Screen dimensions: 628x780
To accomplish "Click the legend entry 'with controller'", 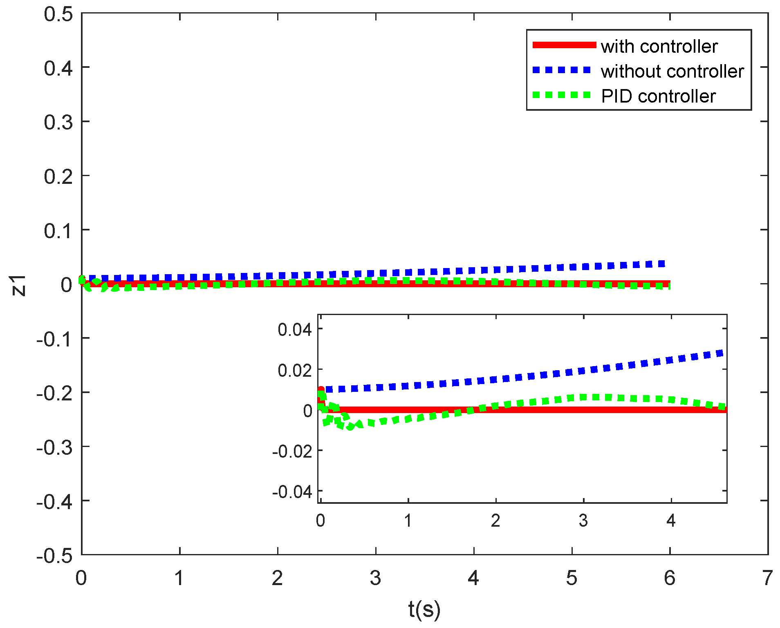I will [659, 47].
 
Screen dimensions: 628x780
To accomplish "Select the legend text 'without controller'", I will [672, 72].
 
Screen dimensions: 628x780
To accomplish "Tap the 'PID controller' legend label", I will [658, 96].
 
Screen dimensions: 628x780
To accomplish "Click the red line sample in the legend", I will [564, 45].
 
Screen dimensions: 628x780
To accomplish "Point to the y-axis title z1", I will [18, 285].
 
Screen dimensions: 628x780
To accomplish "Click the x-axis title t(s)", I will [424, 609].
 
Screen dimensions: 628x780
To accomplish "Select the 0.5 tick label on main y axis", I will [58, 14].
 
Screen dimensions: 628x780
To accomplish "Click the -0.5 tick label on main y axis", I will [54, 556].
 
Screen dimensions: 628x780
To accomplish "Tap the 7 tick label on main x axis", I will [767, 578].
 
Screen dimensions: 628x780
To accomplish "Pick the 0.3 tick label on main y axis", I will [58, 123].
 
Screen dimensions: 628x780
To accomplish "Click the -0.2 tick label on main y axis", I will [54, 393].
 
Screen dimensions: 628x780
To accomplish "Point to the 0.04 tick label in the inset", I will [294, 329].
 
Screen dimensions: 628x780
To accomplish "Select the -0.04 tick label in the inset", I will [292, 492].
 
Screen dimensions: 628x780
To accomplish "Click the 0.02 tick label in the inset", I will [294, 370].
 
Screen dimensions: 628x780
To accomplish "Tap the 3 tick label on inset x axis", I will [583, 521].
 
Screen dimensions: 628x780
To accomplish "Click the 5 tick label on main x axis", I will [572, 578].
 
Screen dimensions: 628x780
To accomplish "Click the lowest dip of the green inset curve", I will [350, 427].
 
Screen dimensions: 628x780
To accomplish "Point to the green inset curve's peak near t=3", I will [589, 397].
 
